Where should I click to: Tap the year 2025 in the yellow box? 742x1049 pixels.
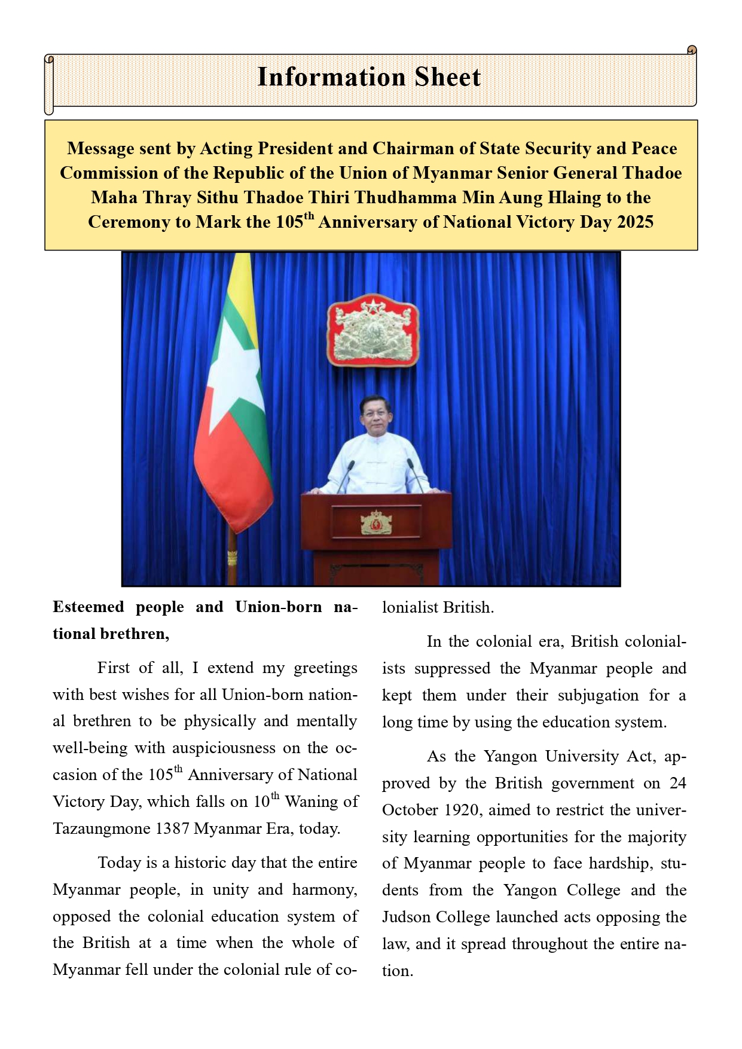click(x=635, y=222)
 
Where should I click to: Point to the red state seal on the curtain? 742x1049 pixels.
click(x=372, y=329)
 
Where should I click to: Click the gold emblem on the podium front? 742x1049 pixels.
click(x=376, y=522)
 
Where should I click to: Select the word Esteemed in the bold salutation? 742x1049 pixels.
click(x=88, y=607)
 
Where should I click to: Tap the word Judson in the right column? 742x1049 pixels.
click(x=406, y=918)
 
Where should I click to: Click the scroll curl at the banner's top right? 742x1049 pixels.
click(x=692, y=50)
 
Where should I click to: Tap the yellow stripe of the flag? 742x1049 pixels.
click(x=240, y=281)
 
